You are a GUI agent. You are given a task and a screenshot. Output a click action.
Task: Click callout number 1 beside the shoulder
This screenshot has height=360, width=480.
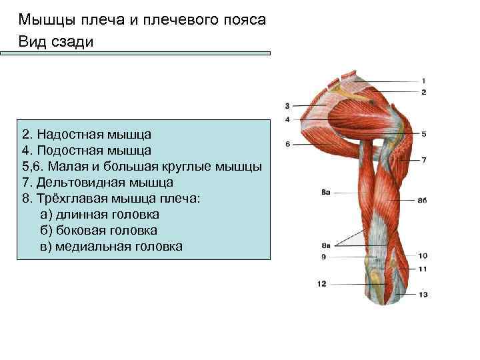[424, 81]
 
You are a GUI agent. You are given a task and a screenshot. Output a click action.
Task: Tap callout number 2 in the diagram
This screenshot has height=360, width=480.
[424, 91]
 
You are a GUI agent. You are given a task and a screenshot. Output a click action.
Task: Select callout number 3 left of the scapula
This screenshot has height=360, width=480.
[287, 105]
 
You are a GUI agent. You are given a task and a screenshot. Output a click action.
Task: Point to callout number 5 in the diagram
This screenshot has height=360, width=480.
[424, 134]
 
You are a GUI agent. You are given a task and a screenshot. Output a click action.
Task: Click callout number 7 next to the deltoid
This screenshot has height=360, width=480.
[424, 160]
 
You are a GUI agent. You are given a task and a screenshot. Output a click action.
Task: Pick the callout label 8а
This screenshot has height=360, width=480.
[326, 192]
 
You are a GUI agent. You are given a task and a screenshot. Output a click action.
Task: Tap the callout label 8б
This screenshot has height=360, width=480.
[422, 199]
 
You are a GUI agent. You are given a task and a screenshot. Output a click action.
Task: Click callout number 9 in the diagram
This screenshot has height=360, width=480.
[323, 256]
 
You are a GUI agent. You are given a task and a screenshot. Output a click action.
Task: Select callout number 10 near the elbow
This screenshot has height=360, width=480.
[423, 255]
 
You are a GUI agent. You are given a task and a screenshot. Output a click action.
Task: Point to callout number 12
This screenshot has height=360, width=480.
[322, 284]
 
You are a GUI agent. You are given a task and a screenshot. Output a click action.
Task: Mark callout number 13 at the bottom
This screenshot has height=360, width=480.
[423, 294]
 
